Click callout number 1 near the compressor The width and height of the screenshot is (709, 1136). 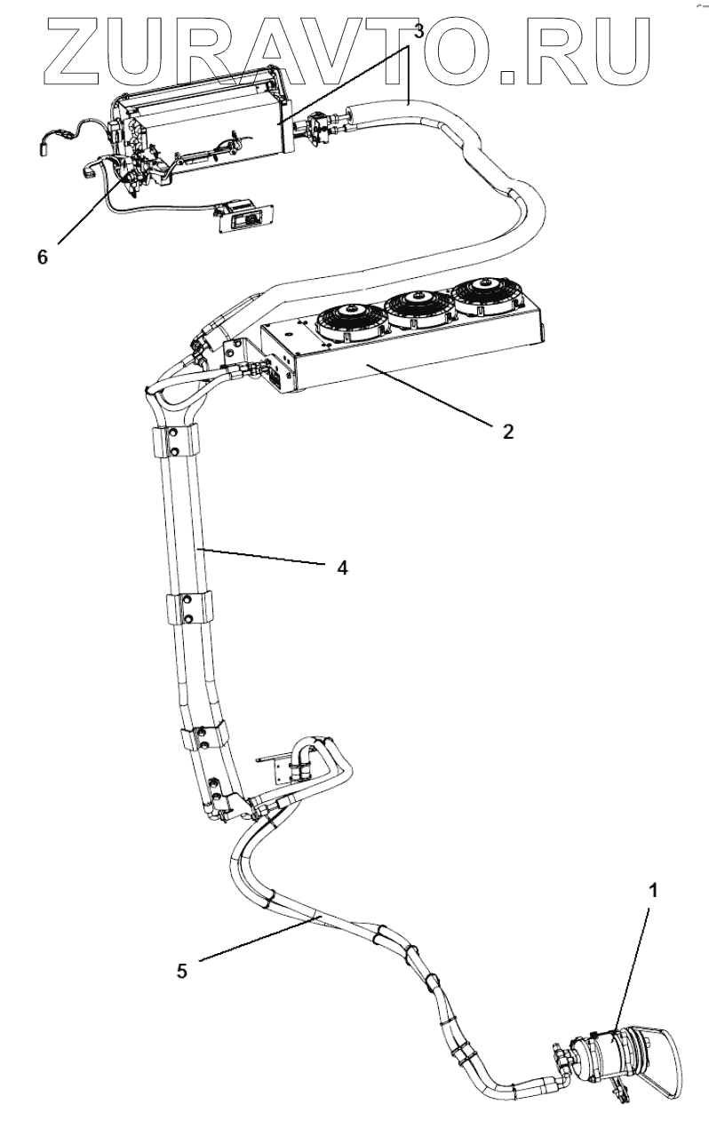coord(653,891)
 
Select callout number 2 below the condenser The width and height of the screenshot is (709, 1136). coord(507,433)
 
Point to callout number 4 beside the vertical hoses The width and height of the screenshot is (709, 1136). coord(342,567)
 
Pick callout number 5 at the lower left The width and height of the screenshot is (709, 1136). coord(182,971)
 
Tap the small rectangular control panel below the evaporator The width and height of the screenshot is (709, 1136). coord(243,216)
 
